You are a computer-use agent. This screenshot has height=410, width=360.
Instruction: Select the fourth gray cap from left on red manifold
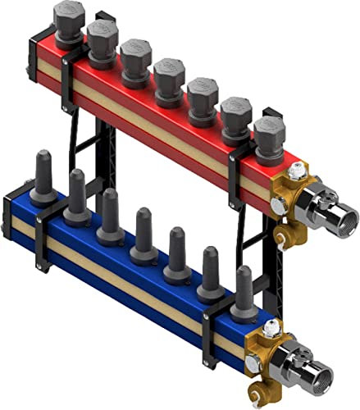169,75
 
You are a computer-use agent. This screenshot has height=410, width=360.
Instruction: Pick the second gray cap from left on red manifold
103,37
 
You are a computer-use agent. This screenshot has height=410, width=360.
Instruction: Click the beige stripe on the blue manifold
123,278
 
